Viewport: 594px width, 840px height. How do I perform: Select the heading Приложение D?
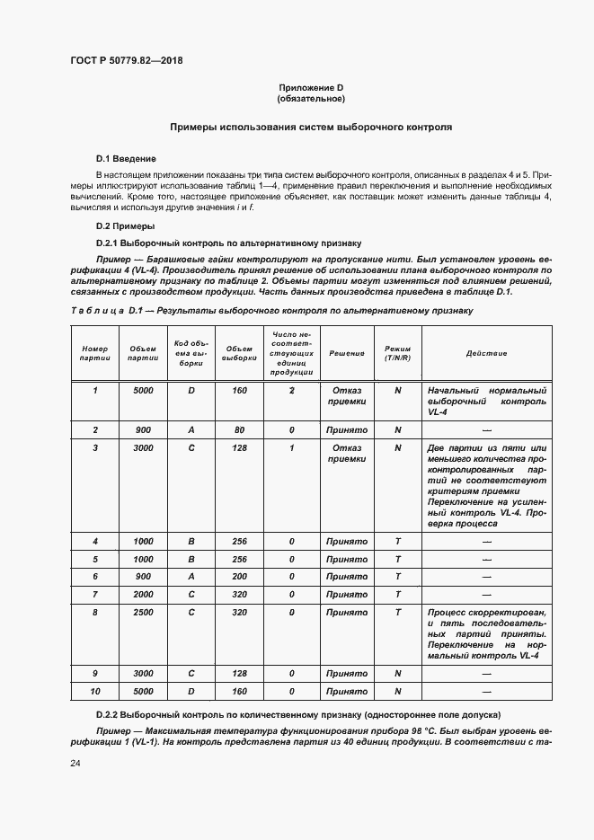click(310, 87)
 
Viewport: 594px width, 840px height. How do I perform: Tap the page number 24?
click(75, 764)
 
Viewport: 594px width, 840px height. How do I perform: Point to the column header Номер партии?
click(94, 353)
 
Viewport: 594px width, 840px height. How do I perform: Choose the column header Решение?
click(346, 353)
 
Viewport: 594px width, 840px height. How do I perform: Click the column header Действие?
click(486, 353)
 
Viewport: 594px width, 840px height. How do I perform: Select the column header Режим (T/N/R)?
click(397, 353)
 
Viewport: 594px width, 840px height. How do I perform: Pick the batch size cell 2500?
click(143, 612)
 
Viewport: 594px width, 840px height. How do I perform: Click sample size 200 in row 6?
click(239, 577)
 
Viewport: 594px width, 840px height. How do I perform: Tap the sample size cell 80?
click(239, 429)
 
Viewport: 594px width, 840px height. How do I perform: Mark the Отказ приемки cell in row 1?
click(346, 397)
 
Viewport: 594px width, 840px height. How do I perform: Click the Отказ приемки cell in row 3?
click(346, 453)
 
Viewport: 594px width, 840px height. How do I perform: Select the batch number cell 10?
click(94, 692)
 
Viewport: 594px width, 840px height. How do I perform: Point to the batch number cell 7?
click(94, 595)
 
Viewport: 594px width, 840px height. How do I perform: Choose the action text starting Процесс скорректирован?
click(486, 633)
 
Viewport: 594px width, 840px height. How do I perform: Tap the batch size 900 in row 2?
click(143, 429)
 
